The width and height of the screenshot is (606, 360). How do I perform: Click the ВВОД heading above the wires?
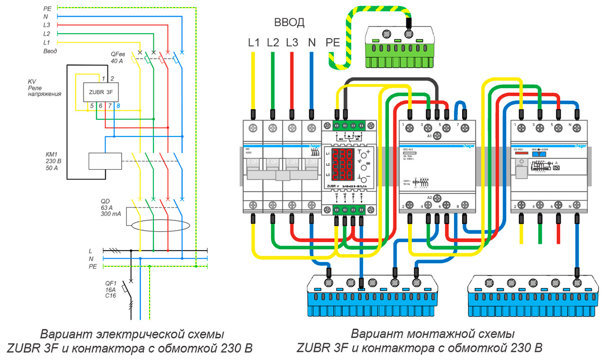289,22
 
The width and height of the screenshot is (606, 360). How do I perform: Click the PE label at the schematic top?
47,8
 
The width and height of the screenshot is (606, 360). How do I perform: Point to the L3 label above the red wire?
292,42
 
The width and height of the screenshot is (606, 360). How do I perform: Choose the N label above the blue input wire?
311,42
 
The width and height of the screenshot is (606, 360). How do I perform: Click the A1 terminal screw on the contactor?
437,135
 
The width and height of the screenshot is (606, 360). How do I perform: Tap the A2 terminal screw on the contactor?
437,197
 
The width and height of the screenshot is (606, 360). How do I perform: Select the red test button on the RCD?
521,153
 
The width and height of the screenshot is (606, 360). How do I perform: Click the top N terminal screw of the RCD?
577,127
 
